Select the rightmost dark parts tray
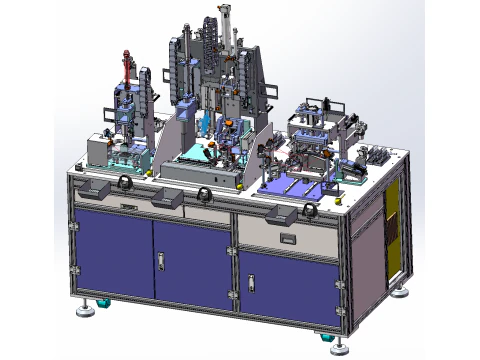(x=283, y=212)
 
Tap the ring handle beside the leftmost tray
(x=125, y=182)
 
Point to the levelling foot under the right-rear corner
(x=400, y=292)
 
